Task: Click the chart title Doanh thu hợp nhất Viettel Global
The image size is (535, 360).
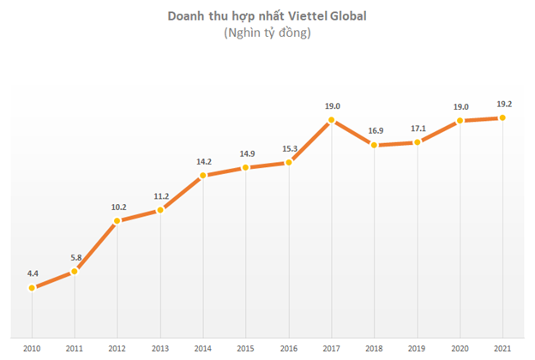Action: pos(267,15)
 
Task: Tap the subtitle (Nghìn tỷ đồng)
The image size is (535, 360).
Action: pos(267,33)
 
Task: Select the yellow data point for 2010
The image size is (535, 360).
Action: pos(32,288)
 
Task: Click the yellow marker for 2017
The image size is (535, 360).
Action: pos(332,121)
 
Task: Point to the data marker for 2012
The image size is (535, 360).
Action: pos(117,221)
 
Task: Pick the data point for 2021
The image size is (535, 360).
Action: pos(503,117)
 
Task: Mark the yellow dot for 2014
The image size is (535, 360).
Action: pos(203,176)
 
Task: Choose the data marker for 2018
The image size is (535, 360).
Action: pos(375,146)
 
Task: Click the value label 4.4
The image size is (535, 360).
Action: pos(33,273)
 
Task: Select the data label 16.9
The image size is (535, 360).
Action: pos(375,130)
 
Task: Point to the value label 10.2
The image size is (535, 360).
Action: pos(117,206)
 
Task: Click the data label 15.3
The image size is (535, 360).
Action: pos(289,147)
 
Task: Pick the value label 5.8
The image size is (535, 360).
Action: pos(75,256)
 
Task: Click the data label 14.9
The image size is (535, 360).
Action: pos(246,153)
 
